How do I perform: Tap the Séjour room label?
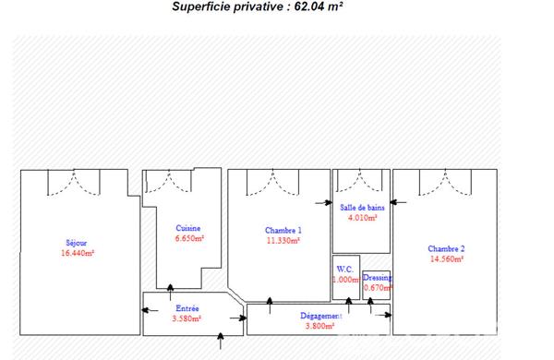coord(77,243)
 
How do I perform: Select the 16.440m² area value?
coord(78,253)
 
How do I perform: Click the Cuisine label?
coord(188,228)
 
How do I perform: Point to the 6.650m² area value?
coord(189,238)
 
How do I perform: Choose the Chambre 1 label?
coord(283,231)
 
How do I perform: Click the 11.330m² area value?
coord(283,241)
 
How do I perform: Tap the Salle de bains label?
coord(362,208)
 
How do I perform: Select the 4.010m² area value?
coord(363,218)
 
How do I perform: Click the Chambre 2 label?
coord(446,248)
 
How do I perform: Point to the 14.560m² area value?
coord(447,259)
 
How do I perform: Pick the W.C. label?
coord(344,270)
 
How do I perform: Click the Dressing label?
coord(377,278)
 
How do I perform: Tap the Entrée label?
coord(187,308)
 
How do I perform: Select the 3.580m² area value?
coord(187,318)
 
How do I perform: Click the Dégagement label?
coord(320,316)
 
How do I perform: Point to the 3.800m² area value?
coord(319,326)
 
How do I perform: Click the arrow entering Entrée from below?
coord(221,341)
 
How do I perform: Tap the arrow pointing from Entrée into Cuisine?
coord(170,293)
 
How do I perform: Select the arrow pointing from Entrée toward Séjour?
coord(150,310)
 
